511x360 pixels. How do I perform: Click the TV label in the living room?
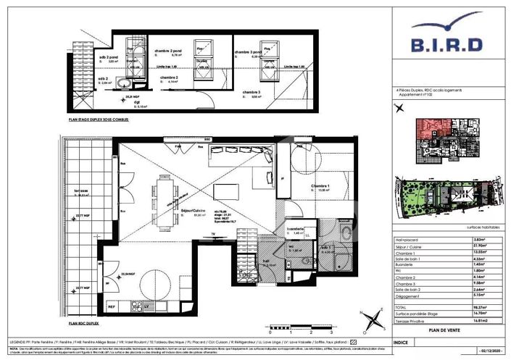(x=212, y=233)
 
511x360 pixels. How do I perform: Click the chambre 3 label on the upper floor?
(x=251, y=93)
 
